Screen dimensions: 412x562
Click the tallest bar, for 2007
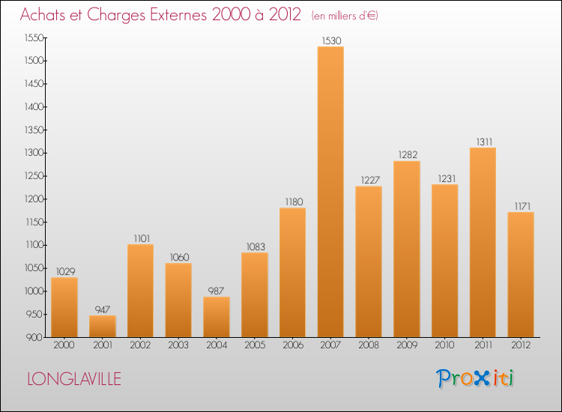pos(330,192)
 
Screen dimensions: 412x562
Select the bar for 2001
pos(103,326)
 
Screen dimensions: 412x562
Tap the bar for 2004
pos(217,317)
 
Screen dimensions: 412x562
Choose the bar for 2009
pos(406,249)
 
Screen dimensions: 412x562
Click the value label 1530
pos(330,40)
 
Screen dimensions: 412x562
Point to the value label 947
pos(103,309)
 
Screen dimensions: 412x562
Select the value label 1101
pos(141,238)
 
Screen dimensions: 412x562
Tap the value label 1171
pos(521,206)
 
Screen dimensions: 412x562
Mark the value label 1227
pos(369,180)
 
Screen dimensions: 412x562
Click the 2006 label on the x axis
pos(292,346)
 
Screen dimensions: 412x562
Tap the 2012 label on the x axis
pos(521,346)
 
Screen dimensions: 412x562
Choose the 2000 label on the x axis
pos(64,346)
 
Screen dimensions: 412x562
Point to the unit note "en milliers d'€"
pos(345,16)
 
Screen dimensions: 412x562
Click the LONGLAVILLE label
pos(73,379)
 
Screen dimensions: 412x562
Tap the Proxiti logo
pos(475,378)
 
